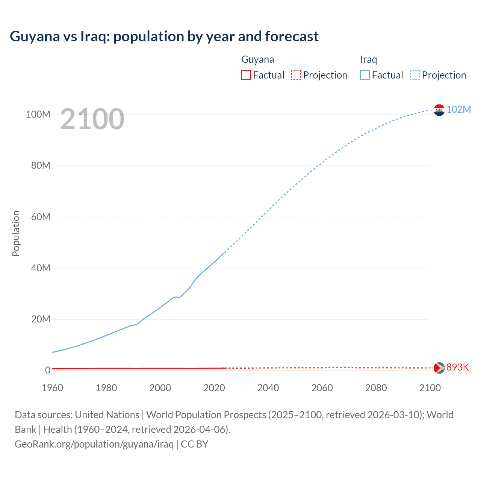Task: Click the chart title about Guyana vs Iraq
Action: coord(164,36)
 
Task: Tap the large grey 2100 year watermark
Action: coord(92,119)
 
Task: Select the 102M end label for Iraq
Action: coord(458,109)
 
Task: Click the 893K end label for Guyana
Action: coord(457,367)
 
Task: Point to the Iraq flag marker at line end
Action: coord(439,110)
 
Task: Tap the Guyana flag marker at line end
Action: coord(439,368)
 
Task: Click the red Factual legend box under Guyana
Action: coord(246,75)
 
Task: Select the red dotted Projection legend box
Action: coord(296,75)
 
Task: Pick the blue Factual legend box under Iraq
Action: coord(365,75)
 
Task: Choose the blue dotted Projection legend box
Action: coord(415,75)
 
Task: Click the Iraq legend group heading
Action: coord(368,59)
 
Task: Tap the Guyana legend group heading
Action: coord(257,59)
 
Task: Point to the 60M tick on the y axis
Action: coord(41,217)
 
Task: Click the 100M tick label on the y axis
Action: coord(38,114)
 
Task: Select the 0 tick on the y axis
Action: coord(48,370)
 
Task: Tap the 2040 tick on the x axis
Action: coord(268,388)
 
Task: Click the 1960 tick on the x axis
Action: coord(52,388)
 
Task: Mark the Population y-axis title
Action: coord(16,233)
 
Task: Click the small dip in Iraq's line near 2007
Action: coord(179,297)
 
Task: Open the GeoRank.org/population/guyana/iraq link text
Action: coord(94,444)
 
